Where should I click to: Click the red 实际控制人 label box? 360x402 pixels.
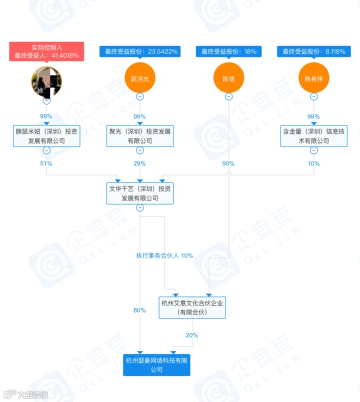pos(46,51)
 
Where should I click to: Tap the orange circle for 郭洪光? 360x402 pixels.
pos(139,78)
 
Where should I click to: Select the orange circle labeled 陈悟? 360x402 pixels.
pos(228,78)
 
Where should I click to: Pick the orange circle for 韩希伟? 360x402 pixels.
pos(313,78)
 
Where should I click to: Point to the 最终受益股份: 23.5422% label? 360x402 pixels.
pos(139,51)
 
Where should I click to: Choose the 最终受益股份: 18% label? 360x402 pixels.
pos(228,51)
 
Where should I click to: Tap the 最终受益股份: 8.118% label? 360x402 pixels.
pos(313,51)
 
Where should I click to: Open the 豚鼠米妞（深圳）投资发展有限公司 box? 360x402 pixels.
pos(46,136)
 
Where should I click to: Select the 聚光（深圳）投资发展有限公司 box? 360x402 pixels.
pos(139,136)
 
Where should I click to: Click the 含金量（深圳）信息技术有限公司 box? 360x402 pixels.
pos(313,136)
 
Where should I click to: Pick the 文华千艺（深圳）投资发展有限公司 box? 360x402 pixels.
pos(139,193)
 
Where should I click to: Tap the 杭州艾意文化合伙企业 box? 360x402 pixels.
pos(192,307)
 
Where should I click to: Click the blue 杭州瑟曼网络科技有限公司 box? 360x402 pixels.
pos(157,365)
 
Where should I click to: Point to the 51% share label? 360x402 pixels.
pos(46,163)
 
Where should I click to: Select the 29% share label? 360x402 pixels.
pos(139,163)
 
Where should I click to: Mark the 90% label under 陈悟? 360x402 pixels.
pos(228,163)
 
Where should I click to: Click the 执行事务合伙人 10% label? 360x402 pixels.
pos(164,255)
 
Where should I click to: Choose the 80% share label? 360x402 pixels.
pos(139,310)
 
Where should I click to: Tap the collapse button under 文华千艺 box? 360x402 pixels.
pos(139,208)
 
